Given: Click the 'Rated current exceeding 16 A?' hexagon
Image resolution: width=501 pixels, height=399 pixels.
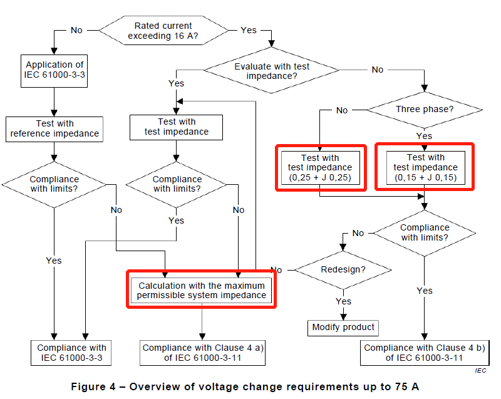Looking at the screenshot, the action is pyautogui.click(x=163, y=30).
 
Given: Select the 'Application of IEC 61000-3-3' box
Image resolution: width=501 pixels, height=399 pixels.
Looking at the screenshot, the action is pyautogui.click(x=54, y=71).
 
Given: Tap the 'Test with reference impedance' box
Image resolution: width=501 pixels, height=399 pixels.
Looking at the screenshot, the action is pyautogui.click(x=54, y=129).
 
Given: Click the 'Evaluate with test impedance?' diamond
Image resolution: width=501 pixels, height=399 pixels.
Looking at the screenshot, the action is pyautogui.click(x=271, y=70).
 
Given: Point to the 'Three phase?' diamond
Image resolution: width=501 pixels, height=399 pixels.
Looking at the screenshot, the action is pyautogui.click(x=425, y=110).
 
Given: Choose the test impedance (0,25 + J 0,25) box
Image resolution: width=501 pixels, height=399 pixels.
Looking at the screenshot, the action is pyautogui.click(x=321, y=168).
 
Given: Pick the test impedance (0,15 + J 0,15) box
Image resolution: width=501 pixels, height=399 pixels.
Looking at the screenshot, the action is pyautogui.click(x=426, y=167).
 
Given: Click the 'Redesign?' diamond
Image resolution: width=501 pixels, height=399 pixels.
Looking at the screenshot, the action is pyautogui.click(x=343, y=270).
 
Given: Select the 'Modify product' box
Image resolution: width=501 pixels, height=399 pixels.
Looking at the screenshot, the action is pyautogui.click(x=343, y=328).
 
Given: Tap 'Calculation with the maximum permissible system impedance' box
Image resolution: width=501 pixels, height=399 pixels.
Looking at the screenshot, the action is pyautogui.click(x=201, y=291).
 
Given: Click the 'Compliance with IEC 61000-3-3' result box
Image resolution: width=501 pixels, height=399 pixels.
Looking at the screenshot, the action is pyautogui.click(x=71, y=353).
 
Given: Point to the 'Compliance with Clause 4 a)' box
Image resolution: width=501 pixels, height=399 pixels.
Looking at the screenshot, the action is pyautogui.click(x=202, y=353).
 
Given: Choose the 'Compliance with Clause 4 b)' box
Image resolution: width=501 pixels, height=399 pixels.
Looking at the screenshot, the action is pyautogui.click(x=425, y=353).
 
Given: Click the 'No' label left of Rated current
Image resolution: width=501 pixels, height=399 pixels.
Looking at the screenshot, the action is pyautogui.click(x=76, y=30).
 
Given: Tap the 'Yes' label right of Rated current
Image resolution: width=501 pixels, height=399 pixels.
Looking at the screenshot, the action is pyautogui.click(x=249, y=30).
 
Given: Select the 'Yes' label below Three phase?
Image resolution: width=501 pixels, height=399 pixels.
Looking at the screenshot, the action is pyautogui.click(x=425, y=136).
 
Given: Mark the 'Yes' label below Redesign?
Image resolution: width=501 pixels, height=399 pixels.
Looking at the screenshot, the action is pyautogui.click(x=343, y=301).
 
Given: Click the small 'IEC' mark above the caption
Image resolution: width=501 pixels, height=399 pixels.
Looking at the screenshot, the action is pyautogui.click(x=480, y=371).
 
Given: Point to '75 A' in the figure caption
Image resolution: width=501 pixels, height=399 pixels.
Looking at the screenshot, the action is pyautogui.click(x=406, y=387).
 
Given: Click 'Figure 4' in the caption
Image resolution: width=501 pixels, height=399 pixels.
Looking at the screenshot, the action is pyautogui.click(x=93, y=387).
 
